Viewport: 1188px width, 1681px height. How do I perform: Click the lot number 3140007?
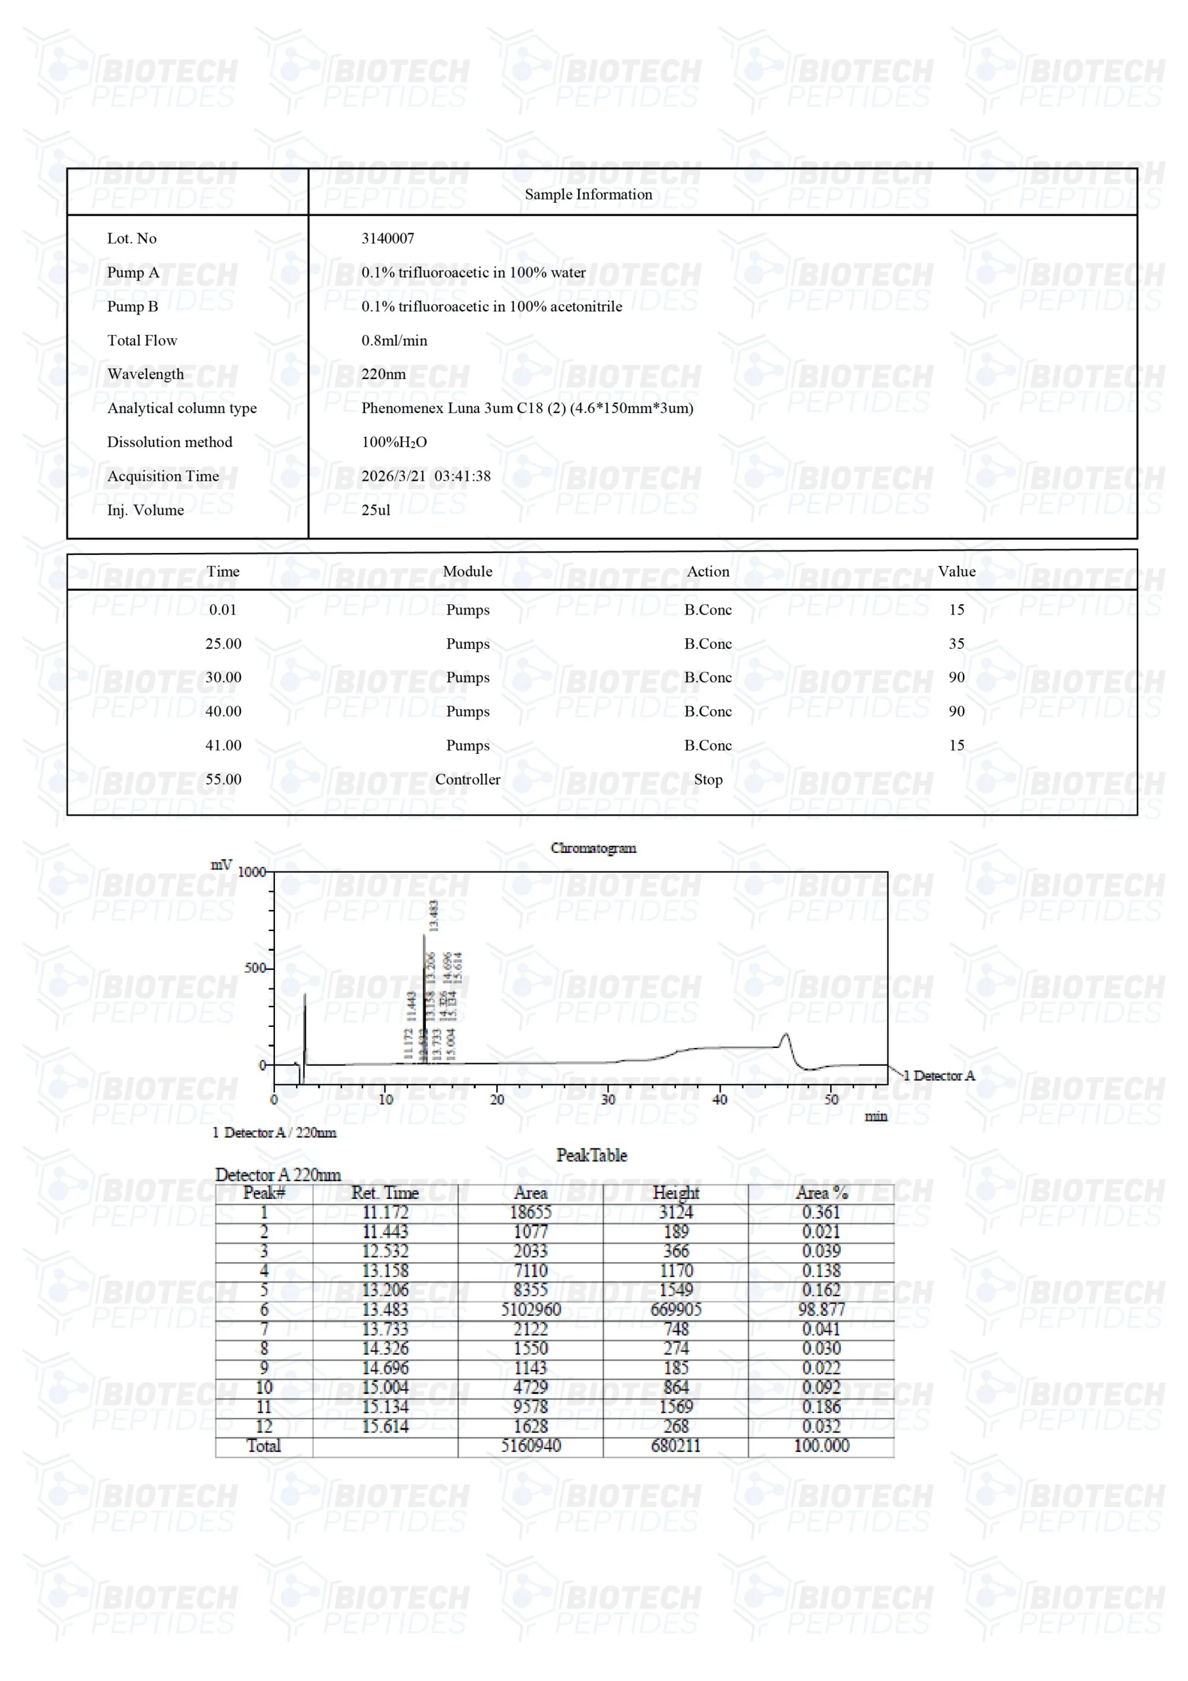coord(387,238)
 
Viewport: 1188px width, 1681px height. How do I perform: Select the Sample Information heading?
coord(588,194)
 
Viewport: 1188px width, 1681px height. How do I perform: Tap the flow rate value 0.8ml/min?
coord(394,340)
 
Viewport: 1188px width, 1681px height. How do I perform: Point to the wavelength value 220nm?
coord(383,374)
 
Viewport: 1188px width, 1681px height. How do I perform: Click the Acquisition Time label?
coord(163,476)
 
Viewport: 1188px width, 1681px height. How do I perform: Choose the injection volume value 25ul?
coord(375,510)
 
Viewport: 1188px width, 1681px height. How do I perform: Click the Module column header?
coord(467,571)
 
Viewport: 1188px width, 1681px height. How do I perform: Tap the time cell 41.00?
coord(223,745)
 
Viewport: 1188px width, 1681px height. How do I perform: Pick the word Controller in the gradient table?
coord(467,779)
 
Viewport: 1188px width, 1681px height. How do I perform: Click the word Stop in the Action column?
coord(708,779)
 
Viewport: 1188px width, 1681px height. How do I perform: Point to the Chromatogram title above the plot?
coord(593,848)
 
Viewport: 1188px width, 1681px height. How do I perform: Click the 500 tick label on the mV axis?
coord(255,968)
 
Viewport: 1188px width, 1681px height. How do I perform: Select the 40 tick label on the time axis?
coord(719,1099)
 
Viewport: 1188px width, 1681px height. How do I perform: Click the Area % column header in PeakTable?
coord(821,1192)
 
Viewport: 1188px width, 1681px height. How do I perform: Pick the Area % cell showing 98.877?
coord(821,1309)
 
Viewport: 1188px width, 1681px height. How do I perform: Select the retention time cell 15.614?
coord(385,1426)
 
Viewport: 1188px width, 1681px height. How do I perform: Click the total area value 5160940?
coord(531,1446)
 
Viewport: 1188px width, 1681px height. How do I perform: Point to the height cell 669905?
coord(675,1309)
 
